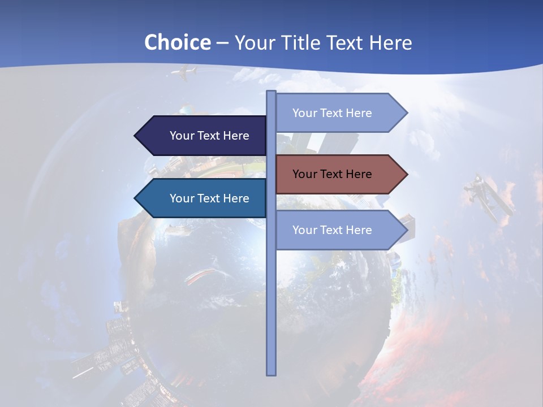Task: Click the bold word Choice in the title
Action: [x=177, y=42]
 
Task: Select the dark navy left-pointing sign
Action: [x=204, y=136]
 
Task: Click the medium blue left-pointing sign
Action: [x=204, y=198]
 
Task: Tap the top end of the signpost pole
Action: [x=271, y=92]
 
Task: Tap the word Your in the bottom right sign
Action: [x=304, y=230]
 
